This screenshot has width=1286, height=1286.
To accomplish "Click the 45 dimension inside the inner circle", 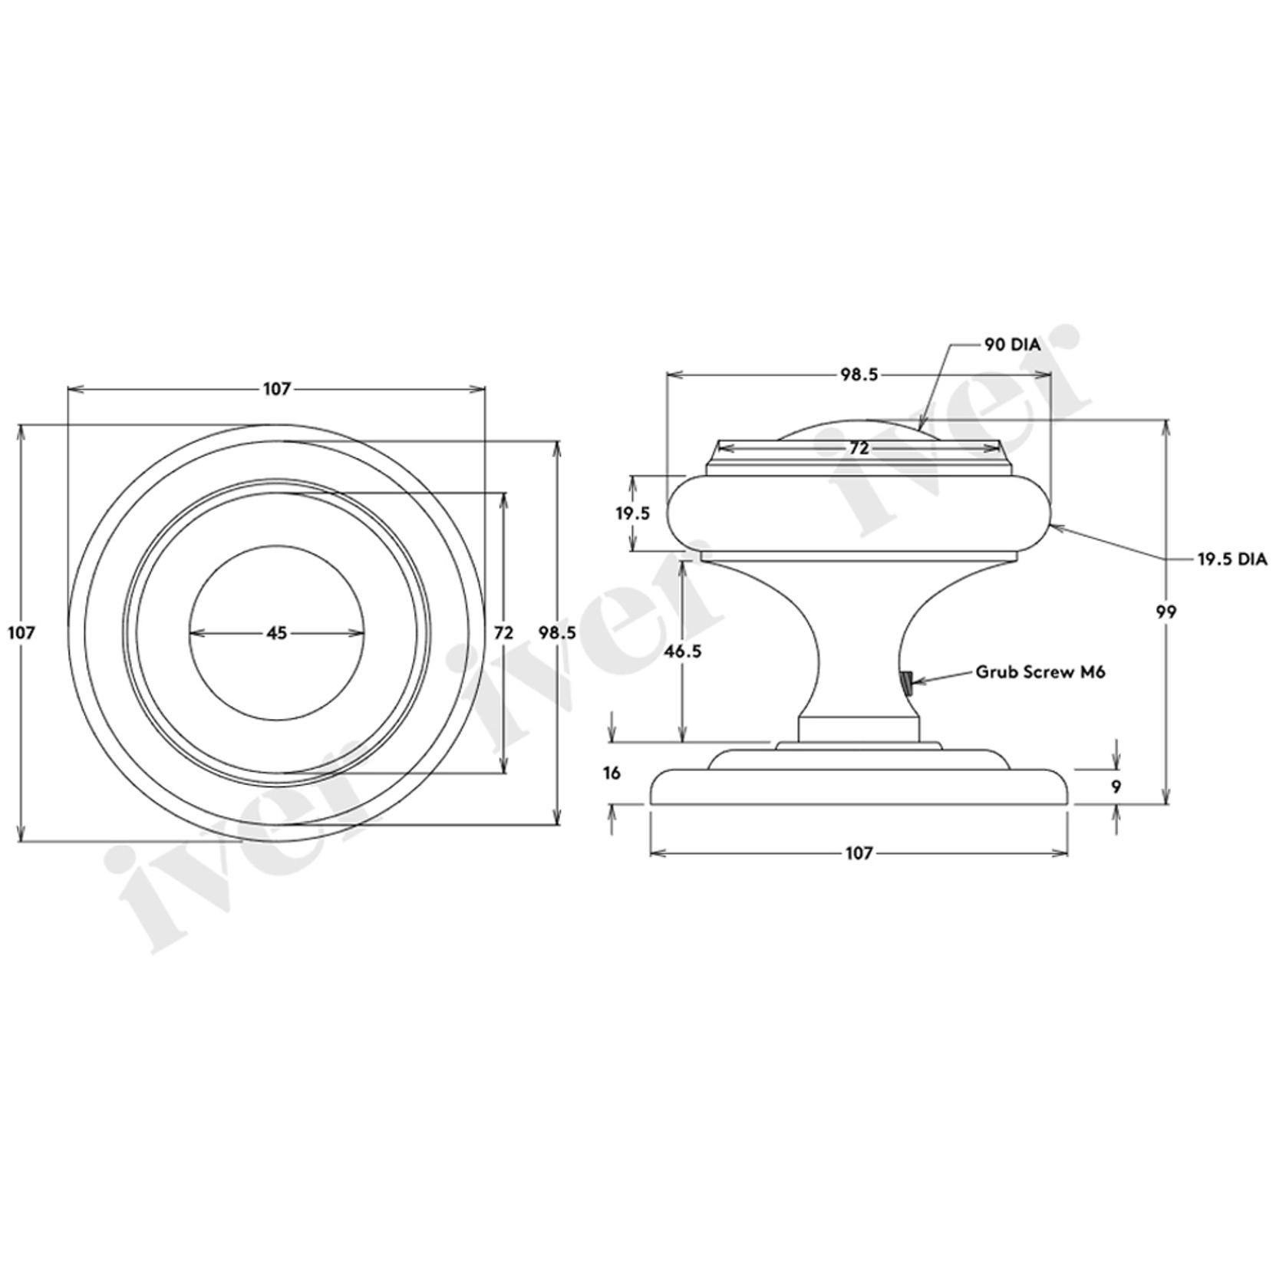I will (276, 633).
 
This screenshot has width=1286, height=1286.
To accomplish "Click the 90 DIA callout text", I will (1012, 345).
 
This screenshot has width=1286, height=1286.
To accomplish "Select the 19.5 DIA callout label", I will (1232, 559).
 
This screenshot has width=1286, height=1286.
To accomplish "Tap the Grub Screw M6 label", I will (1040, 672).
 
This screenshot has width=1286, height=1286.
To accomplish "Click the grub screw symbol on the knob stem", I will (907, 682).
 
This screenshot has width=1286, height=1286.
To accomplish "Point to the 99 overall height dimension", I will (1166, 612).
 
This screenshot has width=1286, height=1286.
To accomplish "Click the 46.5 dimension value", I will (682, 651).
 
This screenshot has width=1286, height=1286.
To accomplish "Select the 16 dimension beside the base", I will (612, 773).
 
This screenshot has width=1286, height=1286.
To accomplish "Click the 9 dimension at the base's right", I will (1116, 786).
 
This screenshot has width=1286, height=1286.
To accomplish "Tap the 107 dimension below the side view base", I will (859, 853).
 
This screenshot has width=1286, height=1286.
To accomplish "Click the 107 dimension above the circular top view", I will (276, 389).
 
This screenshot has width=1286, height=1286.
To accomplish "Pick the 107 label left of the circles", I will (21, 633).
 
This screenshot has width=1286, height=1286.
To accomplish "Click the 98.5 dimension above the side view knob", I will (859, 374).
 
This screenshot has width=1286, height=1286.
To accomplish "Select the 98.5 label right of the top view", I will (557, 633).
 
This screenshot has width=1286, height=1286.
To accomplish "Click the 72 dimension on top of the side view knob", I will (859, 448).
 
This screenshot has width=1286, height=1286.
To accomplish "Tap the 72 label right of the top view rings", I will (503, 633).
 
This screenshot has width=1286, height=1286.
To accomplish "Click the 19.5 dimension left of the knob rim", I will (633, 513).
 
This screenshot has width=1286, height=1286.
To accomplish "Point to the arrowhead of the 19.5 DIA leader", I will (1054, 526).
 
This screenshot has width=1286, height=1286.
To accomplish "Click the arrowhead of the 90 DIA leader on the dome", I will (919, 427).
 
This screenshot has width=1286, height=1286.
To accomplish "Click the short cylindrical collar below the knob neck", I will (859, 729).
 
